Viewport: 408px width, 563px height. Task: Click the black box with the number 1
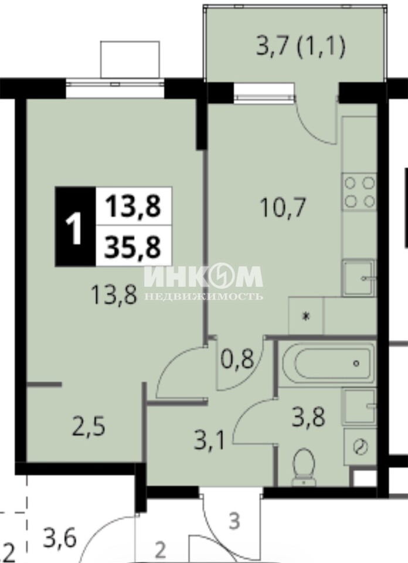click(x=76, y=226)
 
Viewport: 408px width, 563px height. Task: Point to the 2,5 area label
click(x=89, y=427)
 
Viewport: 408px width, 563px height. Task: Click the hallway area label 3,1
click(x=209, y=441)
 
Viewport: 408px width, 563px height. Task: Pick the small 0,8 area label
click(x=237, y=359)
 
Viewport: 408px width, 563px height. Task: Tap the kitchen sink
click(x=359, y=277)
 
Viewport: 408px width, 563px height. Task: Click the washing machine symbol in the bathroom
click(x=359, y=447)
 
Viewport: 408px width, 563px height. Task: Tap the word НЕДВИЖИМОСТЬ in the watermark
click(x=203, y=297)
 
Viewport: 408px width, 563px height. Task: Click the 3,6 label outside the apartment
click(x=60, y=539)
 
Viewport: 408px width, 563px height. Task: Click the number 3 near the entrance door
click(x=234, y=521)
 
